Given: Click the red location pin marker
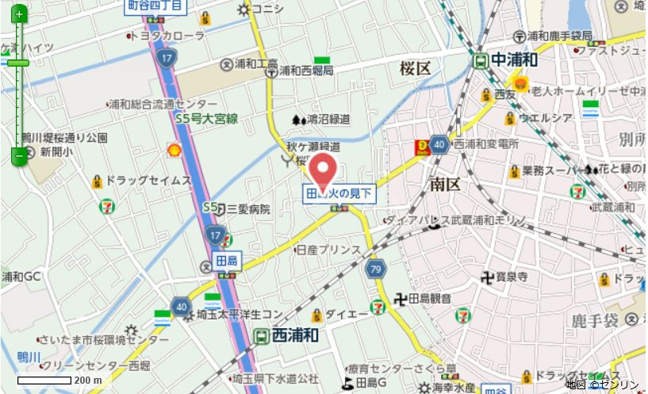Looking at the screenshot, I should pos(323,167).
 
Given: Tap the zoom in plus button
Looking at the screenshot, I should pos(18,14).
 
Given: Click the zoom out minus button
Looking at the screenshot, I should pos(18,157).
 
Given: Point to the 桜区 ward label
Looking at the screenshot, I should pos(416,69).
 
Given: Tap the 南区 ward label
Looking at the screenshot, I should pos(445,184).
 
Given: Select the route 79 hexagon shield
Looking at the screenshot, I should pos(376,269).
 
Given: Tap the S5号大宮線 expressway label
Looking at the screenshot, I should pos(206,119).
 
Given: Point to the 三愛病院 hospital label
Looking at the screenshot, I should pos(248,209).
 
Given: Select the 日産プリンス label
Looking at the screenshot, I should pos(328,249).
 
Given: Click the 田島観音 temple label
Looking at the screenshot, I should pos(429,298).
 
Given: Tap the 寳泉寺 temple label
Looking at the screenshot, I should pos(512,277).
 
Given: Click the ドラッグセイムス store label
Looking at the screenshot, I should pos(148,181).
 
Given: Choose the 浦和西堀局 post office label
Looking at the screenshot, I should pos(305,71).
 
